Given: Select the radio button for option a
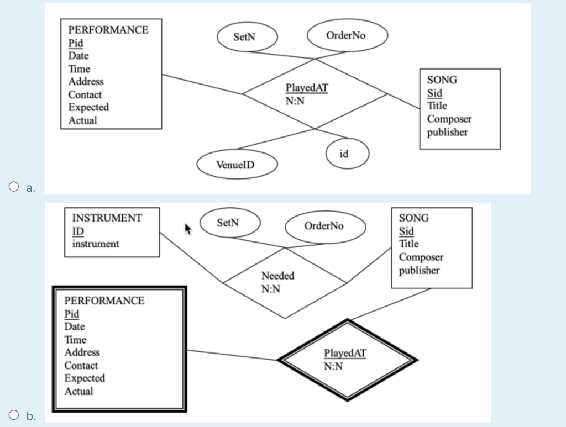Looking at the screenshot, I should pos(14,187).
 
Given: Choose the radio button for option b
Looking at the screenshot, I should pos(14,415).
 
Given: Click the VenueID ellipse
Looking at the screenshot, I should pos(235,165).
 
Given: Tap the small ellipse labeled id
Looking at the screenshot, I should pos(344,153).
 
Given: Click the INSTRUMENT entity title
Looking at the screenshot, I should pos(107,218).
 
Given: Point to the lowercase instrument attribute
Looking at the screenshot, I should pos(96,244).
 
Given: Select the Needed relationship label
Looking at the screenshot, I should pos(277,276).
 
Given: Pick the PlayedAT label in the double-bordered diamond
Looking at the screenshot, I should pos(345,353).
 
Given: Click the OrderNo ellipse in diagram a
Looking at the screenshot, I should pos(346,35).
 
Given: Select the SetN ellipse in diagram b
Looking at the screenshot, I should pos(228,223).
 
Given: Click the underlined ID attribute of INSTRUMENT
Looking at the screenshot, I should pos(78,231).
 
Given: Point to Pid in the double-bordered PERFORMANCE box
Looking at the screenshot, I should pos(72,314).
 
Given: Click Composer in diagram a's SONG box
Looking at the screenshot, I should pos(449,119).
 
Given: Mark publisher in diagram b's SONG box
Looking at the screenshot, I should pos(420,270).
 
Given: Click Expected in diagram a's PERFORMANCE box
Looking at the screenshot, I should pos(88,107).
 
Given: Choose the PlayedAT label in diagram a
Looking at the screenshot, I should pos(307,88).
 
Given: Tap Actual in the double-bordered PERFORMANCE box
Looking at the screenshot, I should pos(78,391).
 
